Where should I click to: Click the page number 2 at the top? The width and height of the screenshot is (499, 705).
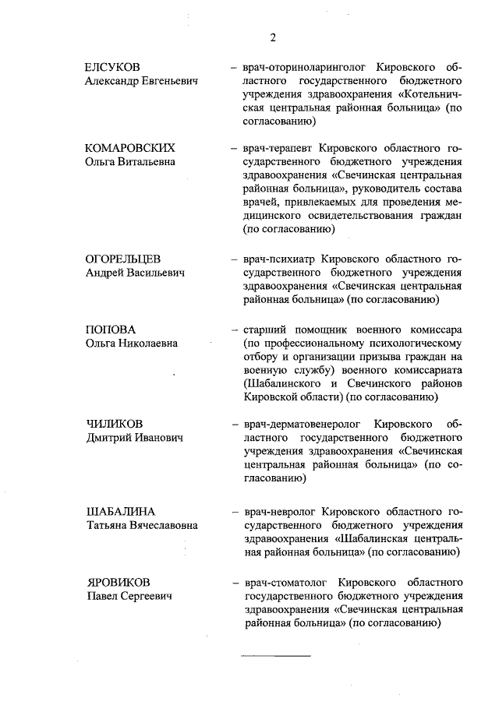273,37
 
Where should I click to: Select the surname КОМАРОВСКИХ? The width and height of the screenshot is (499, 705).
129,148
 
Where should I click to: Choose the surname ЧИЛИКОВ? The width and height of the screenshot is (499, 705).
114,425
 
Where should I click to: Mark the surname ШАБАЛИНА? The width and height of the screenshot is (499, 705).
120,511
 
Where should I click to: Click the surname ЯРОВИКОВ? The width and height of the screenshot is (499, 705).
118,582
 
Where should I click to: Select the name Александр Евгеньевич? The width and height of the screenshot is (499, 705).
141,81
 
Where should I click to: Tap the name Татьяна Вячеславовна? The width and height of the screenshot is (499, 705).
141,525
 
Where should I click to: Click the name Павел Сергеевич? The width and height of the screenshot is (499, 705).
128,596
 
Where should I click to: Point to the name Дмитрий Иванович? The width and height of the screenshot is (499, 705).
133,439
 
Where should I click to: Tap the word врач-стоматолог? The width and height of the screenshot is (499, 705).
286,582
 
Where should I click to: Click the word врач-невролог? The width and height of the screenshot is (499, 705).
280,511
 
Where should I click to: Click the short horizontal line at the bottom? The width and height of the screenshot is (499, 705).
275,655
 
